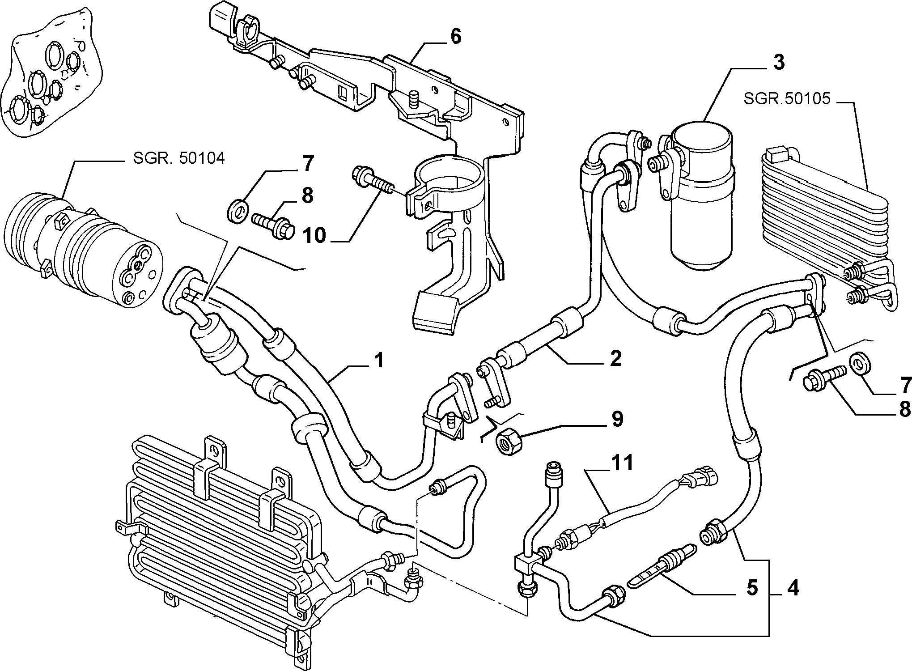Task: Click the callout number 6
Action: pyautogui.click(x=455, y=37)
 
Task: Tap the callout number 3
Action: pyautogui.click(x=779, y=63)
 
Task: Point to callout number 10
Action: pyautogui.click(x=314, y=235)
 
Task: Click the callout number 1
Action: pyautogui.click(x=379, y=361)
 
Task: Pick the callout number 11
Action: pyautogui.click(x=622, y=463)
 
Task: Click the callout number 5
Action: pyautogui.click(x=751, y=588)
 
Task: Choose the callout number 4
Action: pyautogui.click(x=792, y=588)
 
